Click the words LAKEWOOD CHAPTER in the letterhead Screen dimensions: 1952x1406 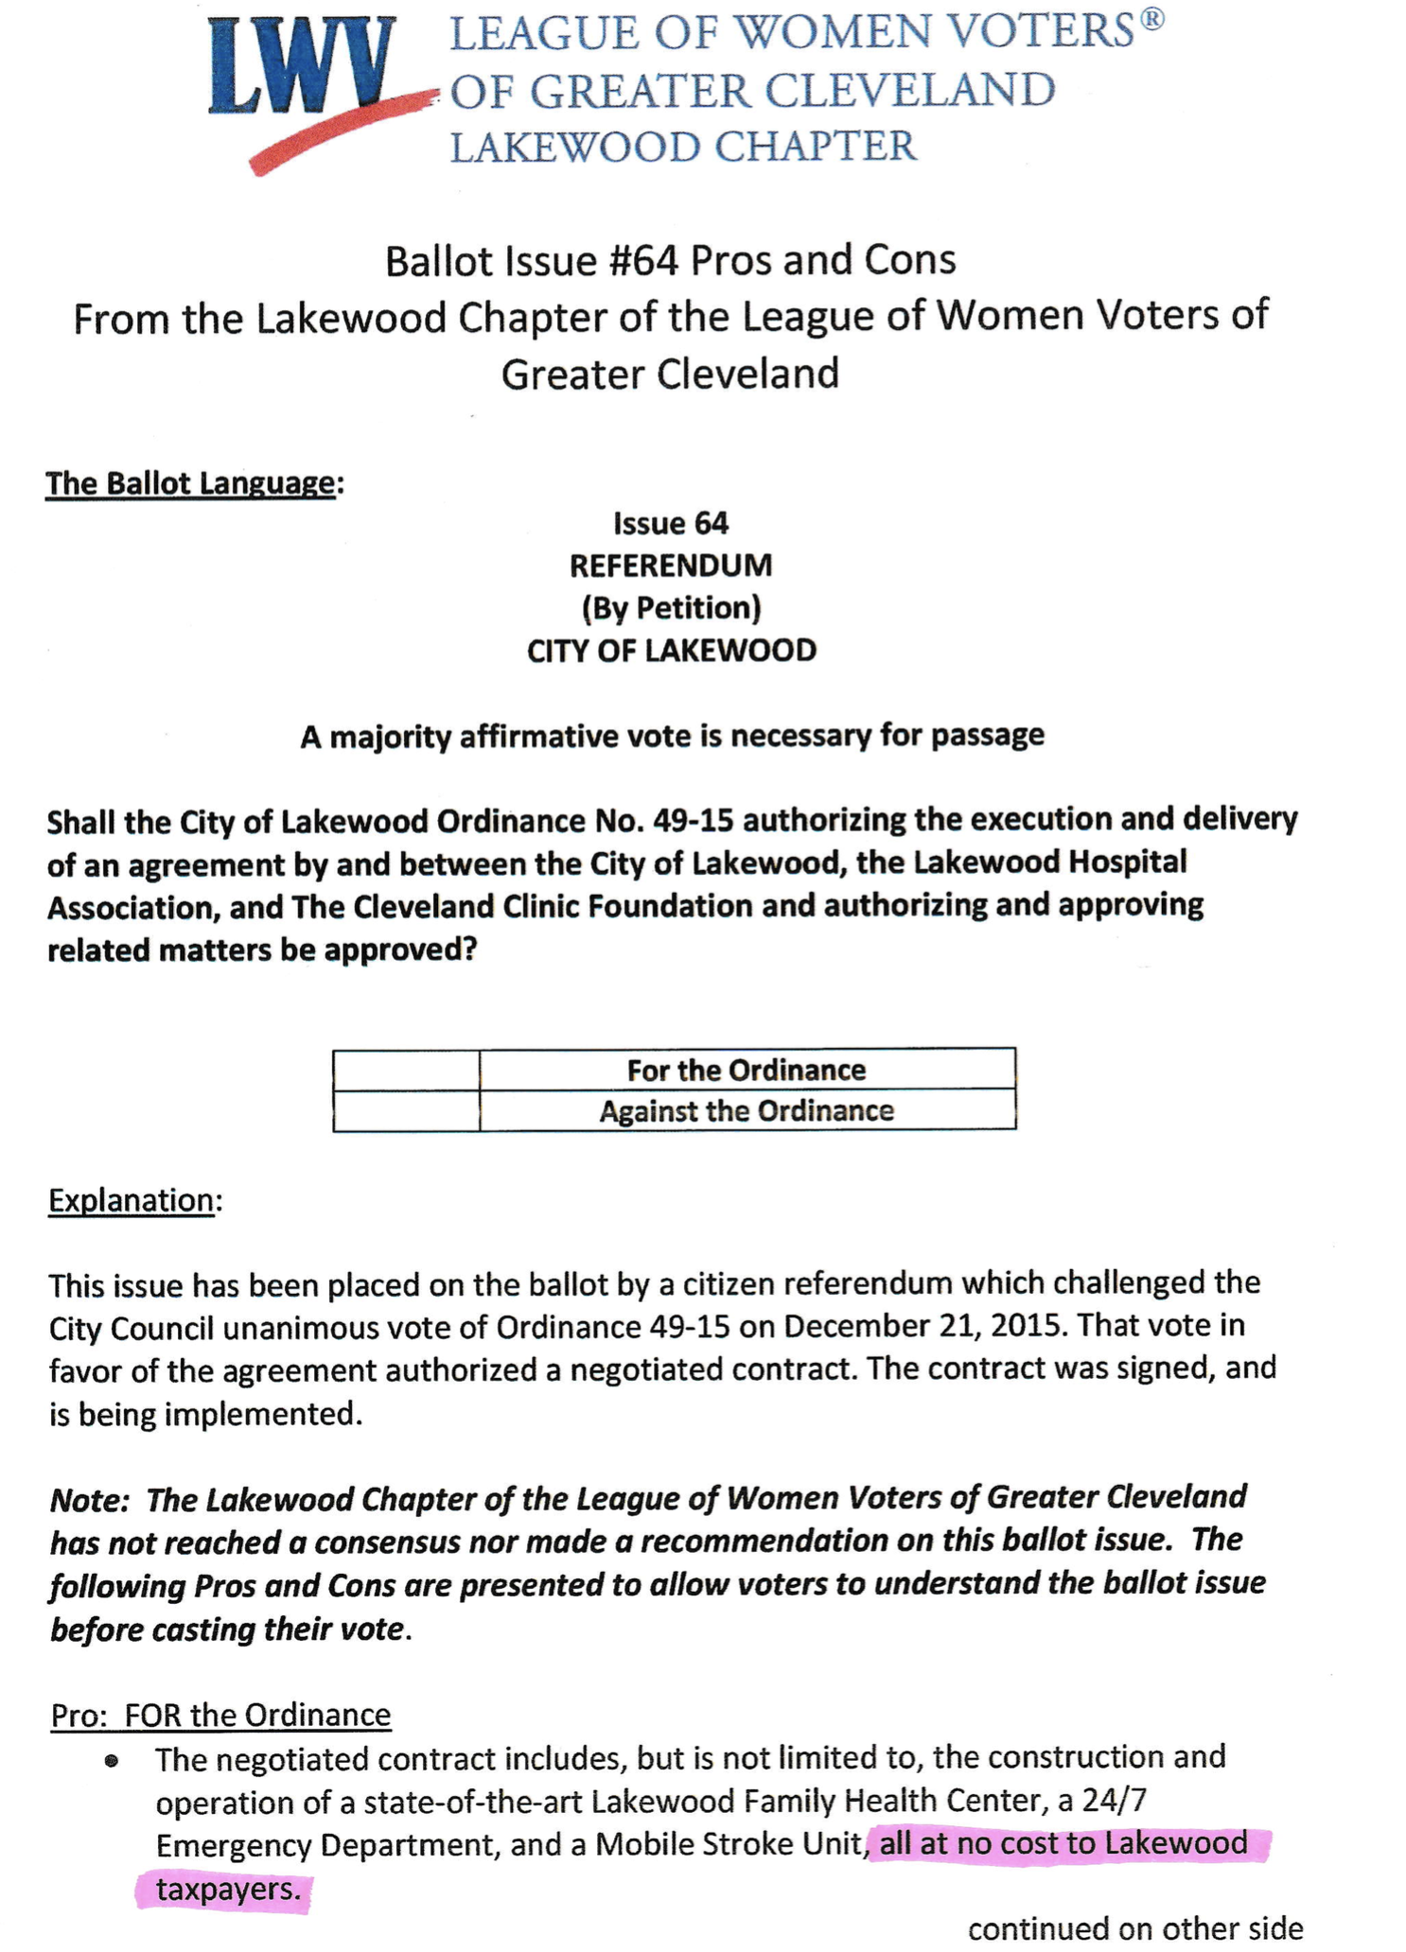point(683,147)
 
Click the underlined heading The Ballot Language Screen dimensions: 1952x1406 point(190,483)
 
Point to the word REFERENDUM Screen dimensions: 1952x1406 point(671,566)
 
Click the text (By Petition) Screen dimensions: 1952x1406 point(671,607)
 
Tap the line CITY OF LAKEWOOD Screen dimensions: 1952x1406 point(671,651)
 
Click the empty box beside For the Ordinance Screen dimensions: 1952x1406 point(406,1070)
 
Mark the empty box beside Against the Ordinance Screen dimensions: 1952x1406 point(406,1110)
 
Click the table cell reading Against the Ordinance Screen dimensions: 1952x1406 point(747,1110)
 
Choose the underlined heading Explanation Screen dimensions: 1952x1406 point(132,1200)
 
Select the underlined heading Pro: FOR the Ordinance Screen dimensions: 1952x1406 point(220,1715)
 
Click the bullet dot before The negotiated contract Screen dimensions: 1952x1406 point(113,1761)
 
